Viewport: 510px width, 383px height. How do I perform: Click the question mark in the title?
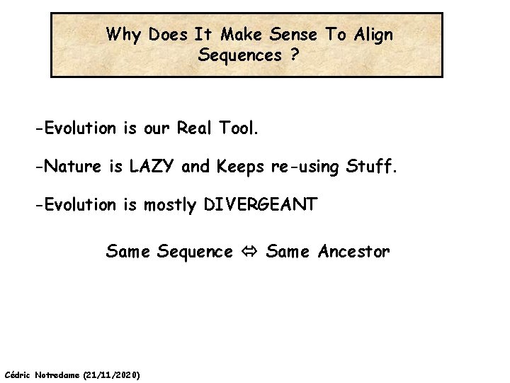click(x=293, y=55)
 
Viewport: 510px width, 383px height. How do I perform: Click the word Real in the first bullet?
click(x=198, y=129)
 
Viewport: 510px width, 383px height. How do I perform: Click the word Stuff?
click(x=371, y=167)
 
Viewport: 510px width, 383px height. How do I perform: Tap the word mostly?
click(x=170, y=206)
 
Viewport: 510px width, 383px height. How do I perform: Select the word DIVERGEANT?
click(x=261, y=206)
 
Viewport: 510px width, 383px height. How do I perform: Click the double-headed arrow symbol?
click(x=249, y=252)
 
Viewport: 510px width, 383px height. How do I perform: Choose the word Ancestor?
click(x=353, y=252)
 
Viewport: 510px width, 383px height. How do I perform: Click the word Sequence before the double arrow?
click(x=195, y=252)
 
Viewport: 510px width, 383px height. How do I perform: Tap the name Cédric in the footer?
click(x=17, y=374)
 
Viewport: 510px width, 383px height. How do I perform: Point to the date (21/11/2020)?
click(x=111, y=374)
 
